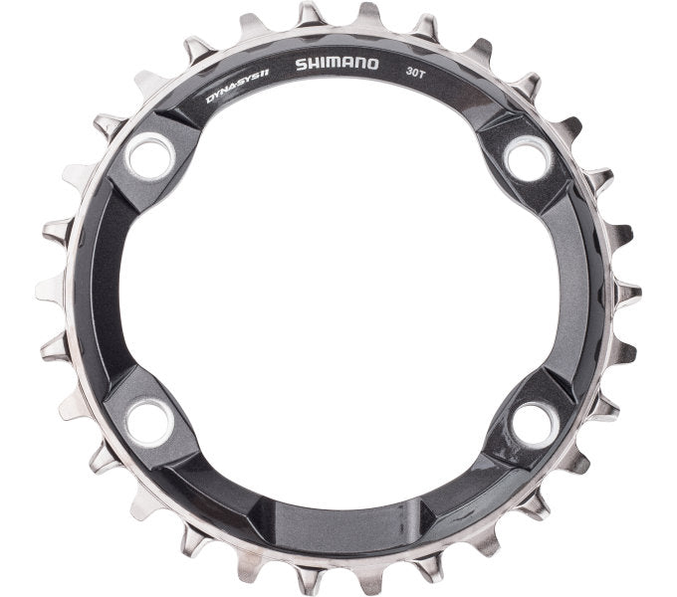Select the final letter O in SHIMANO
[x=372, y=65]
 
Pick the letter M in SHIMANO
[x=331, y=65]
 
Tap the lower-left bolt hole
[x=150, y=423]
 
